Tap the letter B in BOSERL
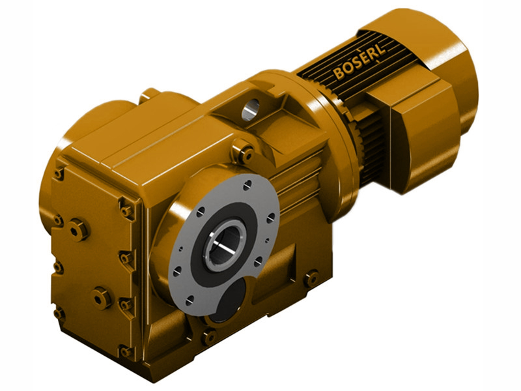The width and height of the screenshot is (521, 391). pyautogui.click(x=339, y=72)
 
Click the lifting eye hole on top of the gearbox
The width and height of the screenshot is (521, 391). pyautogui.click(x=251, y=109)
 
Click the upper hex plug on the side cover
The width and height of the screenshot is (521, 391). pyautogui.click(x=79, y=229)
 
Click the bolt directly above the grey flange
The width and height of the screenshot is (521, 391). pyautogui.click(x=245, y=154)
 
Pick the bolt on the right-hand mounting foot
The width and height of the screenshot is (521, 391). pyautogui.click(x=311, y=278)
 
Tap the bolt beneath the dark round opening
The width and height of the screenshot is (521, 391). pyautogui.click(x=209, y=337)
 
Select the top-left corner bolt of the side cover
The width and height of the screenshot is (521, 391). pyautogui.click(x=60, y=173)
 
